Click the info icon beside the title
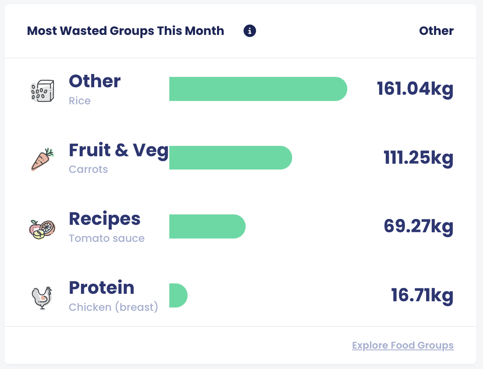[x=250, y=31]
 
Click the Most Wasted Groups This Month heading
[x=125, y=31]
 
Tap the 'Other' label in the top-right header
[x=436, y=31]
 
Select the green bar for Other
[x=258, y=89]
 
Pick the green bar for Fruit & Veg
[x=230, y=158]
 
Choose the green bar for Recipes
[x=207, y=226]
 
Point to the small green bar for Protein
[x=178, y=295]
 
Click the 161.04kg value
[x=415, y=89]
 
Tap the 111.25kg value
[x=418, y=158]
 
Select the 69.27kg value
[x=418, y=226]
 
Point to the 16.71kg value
[x=422, y=295]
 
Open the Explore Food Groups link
[x=402, y=345]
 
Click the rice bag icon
[x=42, y=90]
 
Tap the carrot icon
[x=42, y=159]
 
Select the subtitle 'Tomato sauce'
[x=107, y=239]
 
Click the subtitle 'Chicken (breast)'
[x=113, y=307]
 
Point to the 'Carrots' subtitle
[x=88, y=170]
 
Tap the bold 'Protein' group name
[x=102, y=288]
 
